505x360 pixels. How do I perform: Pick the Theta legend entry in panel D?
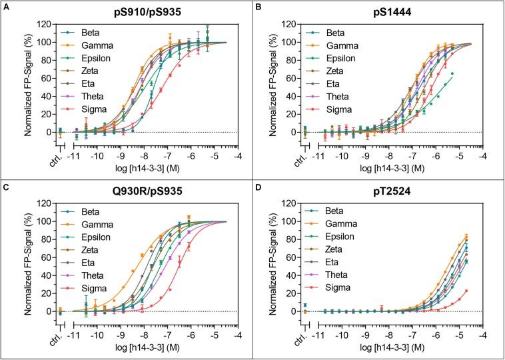tap(329, 275)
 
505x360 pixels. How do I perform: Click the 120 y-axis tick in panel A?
tap(42, 25)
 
